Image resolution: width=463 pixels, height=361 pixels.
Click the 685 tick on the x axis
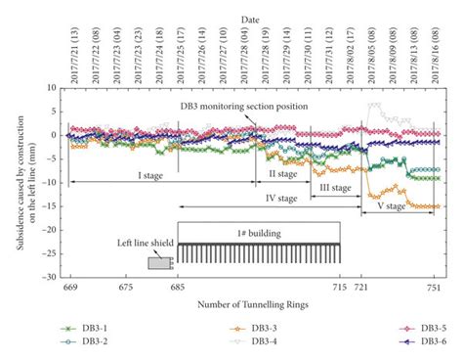(177, 288)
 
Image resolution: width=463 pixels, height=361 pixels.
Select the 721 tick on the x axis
(362, 288)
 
